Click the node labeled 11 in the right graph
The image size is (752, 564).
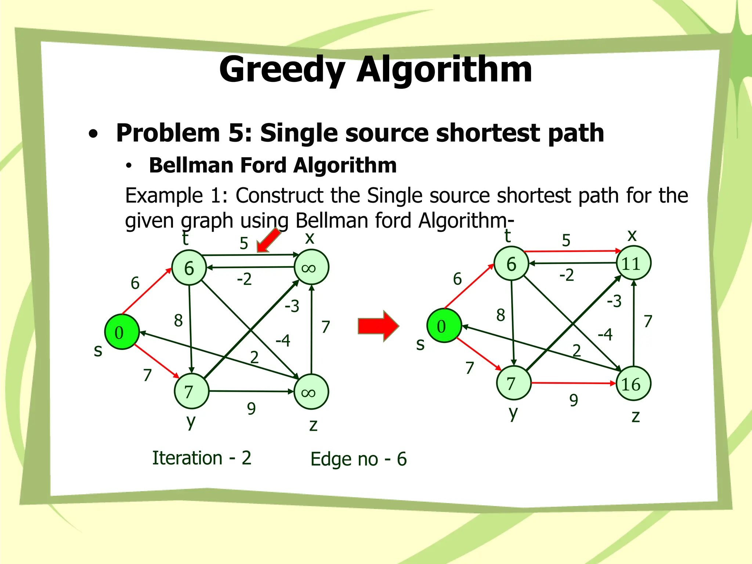pyautogui.click(x=633, y=263)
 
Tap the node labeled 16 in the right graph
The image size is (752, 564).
pyautogui.click(x=633, y=384)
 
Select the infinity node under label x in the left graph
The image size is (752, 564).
pyautogui.click(x=311, y=267)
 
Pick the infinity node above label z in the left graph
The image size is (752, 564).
pyautogui.click(x=311, y=392)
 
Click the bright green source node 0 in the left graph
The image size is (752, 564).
pyautogui.click(x=122, y=332)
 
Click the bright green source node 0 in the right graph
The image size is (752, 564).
pyautogui.click(x=444, y=326)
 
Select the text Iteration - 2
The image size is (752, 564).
pyautogui.click(x=202, y=458)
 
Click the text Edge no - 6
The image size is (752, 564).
pyautogui.click(x=358, y=459)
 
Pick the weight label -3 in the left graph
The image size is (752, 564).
pyautogui.click(x=292, y=306)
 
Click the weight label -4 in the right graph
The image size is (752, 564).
pyautogui.click(x=605, y=335)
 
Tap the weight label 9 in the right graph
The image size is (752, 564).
pyautogui.click(x=574, y=400)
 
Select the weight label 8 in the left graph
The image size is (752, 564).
pyautogui.click(x=178, y=321)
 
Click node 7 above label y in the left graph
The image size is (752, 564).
pyautogui.click(x=191, y=391)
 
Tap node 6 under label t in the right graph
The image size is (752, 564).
pyautogui.click(x=511, y=264)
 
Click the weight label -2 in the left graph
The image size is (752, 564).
pyautogui.click(x=244, y=279)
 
